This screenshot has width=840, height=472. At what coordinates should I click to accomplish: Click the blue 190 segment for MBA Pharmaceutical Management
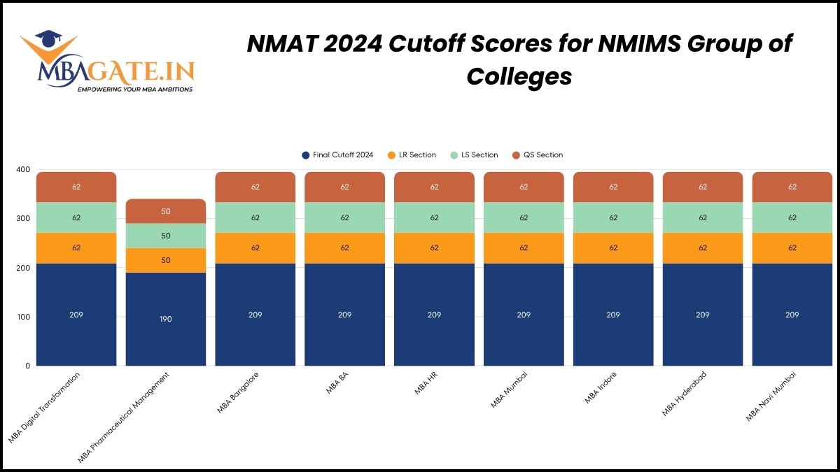point(166,319)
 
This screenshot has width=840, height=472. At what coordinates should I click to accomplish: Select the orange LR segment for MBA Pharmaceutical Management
point(166,260)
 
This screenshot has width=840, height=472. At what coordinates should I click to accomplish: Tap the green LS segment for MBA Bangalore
point(255,217)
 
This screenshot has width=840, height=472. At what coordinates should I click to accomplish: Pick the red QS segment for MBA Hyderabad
point(703,187)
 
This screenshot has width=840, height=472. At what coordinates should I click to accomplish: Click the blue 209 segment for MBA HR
point(434,315)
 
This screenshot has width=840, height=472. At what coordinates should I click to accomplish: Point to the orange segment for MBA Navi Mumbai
point(792,248)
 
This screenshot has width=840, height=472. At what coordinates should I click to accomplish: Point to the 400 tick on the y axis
point(23,170)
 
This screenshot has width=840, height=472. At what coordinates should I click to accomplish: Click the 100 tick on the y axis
point(23,317)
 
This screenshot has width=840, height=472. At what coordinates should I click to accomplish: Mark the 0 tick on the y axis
point(27,366)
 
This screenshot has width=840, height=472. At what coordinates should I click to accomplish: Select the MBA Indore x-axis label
point(601,389)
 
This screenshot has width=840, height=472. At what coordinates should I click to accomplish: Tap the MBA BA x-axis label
point(337,384)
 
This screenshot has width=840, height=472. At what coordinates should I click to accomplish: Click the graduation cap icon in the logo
point(48,38)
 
